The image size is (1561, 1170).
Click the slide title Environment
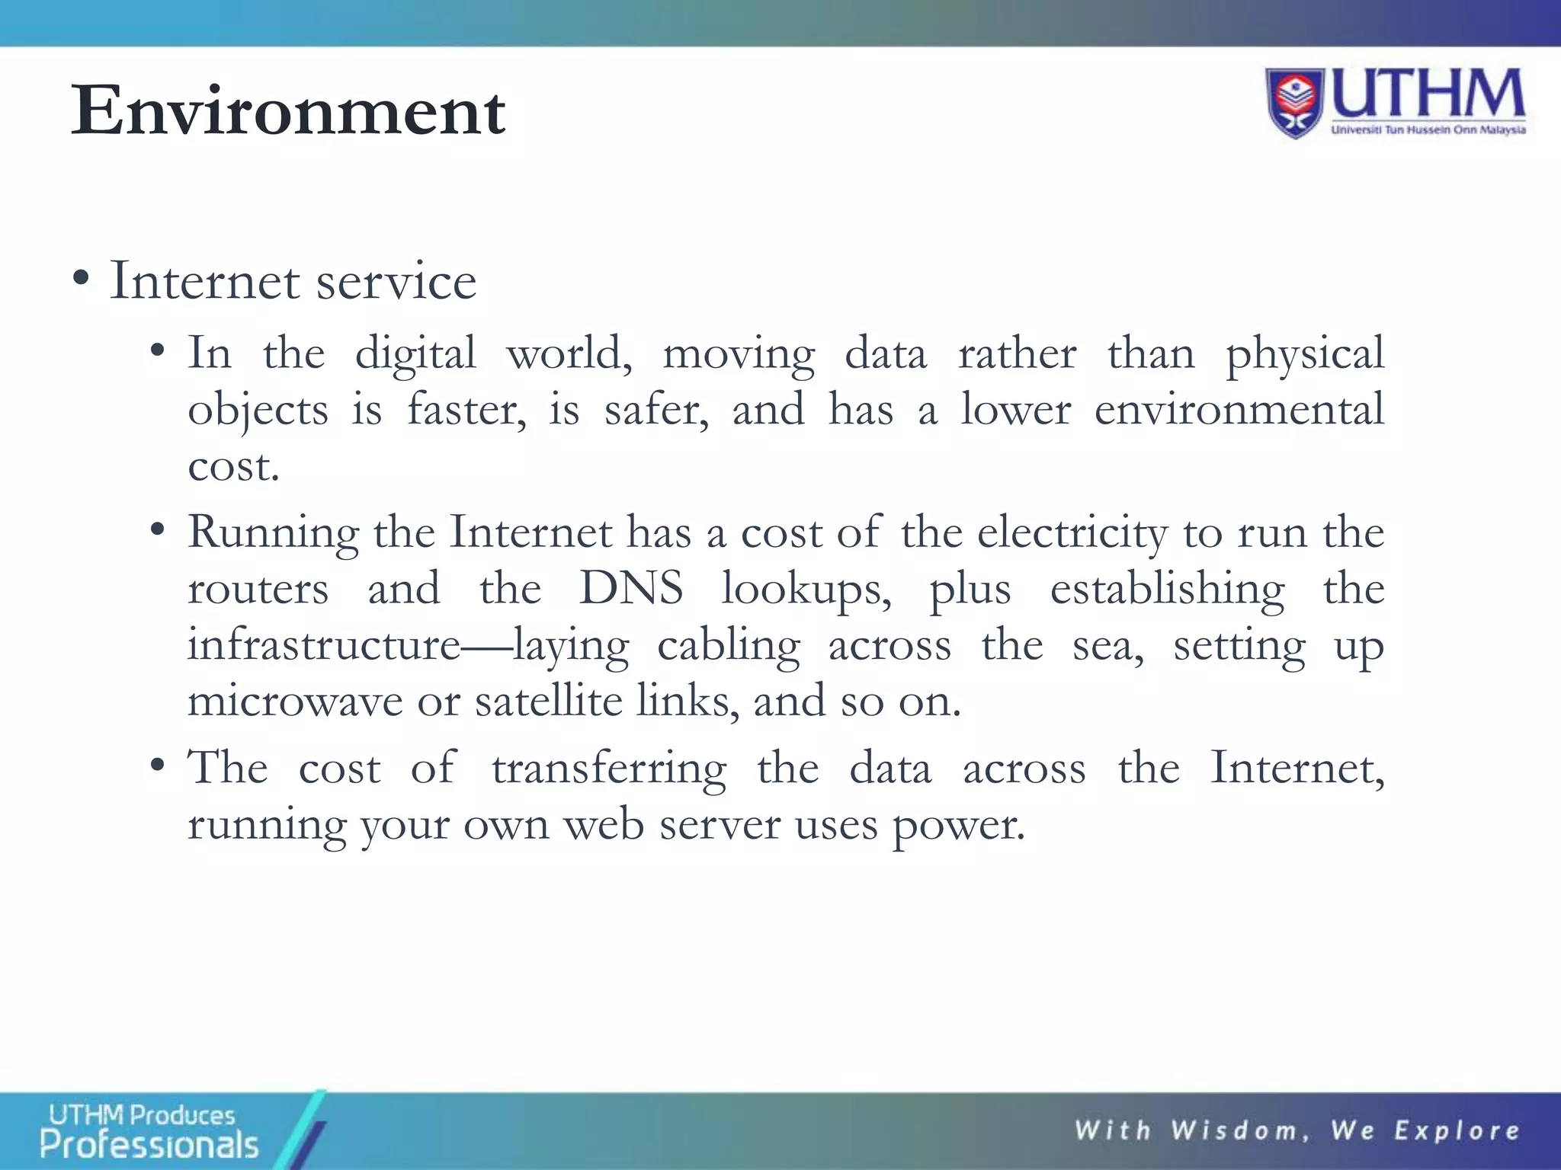point(288,111)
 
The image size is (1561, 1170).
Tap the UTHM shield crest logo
point(1295,102)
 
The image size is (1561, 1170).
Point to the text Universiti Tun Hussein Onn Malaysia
point(1428,130)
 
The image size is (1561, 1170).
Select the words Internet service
point(293,281)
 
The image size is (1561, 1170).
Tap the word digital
point(415,355)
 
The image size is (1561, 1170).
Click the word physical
point(1304,355)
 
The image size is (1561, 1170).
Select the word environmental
point(1239,410)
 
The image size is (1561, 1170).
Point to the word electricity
point(1072,532)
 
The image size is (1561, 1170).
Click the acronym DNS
point(630,589)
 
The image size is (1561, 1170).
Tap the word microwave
point(295,701)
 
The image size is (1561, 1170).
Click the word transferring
point(608,768)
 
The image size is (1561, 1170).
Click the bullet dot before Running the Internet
point(158,531)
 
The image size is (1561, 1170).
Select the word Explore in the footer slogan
point(1457,1130)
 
